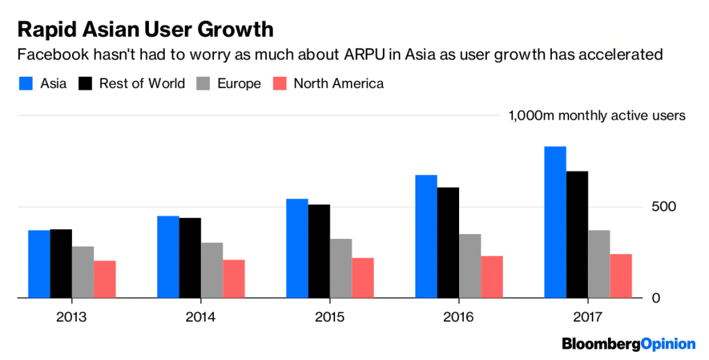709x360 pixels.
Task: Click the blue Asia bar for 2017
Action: click(555, 222)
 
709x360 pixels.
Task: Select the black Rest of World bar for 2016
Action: click(448, 242)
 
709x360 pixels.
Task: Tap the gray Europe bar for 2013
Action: click(83, 272)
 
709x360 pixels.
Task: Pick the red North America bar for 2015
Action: click(363, 278)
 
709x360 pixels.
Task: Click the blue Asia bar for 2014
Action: click(168, 257)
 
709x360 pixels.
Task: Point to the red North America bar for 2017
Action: click(621, 276)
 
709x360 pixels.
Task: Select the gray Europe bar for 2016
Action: click(470, 266)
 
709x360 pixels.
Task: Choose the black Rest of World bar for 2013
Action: click(61, 263)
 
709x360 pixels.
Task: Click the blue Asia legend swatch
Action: click(25, 84)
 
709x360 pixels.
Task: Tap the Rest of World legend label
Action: click(142, 84)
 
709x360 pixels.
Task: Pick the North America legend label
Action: click(339, 84)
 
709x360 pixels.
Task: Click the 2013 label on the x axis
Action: click(72, 317)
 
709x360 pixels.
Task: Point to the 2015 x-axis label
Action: click(330, 317)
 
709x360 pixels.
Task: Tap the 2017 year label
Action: click(589, 317)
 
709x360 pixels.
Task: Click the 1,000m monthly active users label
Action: click(597, 116)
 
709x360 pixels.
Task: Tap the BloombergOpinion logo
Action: click(629, 343)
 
